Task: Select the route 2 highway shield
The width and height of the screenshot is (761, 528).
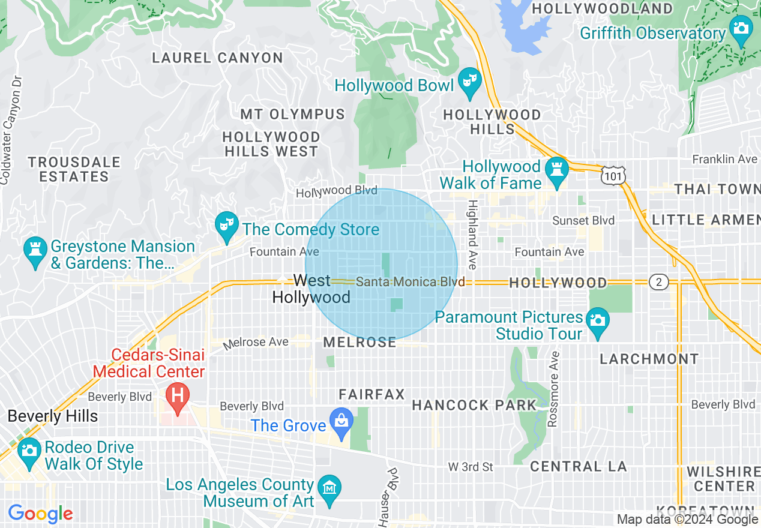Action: coord(658,282)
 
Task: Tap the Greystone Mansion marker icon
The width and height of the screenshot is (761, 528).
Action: coord(35,251)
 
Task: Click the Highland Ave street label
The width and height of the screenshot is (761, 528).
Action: coord(472,235)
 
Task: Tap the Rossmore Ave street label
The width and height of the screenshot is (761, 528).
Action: coord(553,389)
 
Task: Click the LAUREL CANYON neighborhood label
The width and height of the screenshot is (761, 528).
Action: coord(217,58)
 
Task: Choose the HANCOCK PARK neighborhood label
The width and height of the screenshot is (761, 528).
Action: coord(474,406)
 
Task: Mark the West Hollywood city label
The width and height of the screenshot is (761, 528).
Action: coord(311,289)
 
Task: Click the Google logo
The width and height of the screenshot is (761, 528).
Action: coord(40,514)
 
